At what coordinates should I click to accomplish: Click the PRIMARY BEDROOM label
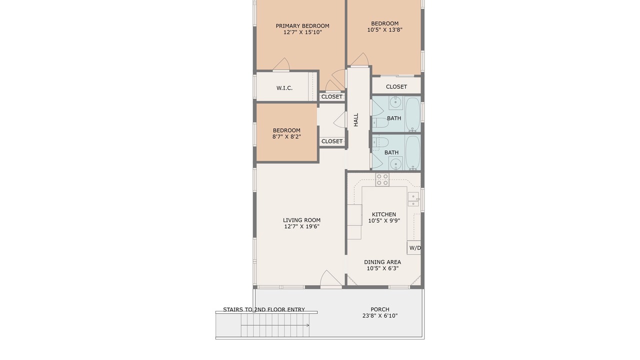tap(302, 26)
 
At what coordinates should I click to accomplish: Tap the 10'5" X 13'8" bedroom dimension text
tap(384, 29)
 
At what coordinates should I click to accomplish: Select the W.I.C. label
tap(284, 88)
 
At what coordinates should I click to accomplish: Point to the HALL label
tap(356, 119)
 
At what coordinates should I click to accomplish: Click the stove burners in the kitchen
tap(382, 179)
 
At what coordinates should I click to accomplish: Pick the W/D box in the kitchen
tap(414, 247)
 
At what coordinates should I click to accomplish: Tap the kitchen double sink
tap(413, 199)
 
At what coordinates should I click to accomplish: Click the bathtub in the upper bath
tap(412, 114)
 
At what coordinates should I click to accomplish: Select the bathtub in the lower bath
tap(412, 153)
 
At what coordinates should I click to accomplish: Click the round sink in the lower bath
tap(396, 163)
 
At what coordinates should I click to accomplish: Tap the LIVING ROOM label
tap(301, 220)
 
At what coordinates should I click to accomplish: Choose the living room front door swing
tap(330, 278)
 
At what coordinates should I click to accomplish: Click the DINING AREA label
tap(382, 262)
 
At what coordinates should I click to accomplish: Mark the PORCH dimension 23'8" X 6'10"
tap(380, 315)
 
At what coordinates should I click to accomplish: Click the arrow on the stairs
tap(275, 325)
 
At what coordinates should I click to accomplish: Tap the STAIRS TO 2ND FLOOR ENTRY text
tap(264, 309)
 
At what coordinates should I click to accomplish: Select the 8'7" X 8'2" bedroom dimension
tap(286, 137)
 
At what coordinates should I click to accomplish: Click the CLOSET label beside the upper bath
tap(396, 86)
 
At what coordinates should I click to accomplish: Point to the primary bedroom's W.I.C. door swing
tap(281, 64)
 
